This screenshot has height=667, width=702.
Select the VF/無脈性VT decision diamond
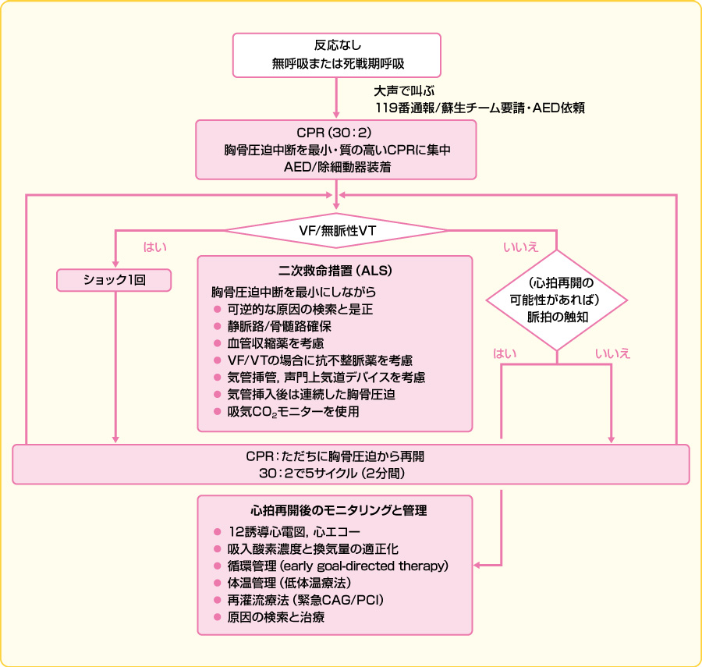tap(337, 231)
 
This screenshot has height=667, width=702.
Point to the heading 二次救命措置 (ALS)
tap(335, 271)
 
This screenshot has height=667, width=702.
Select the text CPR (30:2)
tap(336, 132)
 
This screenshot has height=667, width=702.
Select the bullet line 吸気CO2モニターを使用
tap(292, 411)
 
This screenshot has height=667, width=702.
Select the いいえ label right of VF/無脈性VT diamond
tap(519, 247)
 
